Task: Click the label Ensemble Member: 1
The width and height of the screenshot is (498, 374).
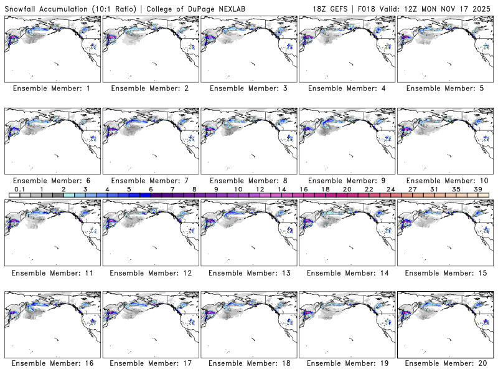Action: (x=52, y=89)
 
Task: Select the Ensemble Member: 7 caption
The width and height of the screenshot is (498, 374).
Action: (x=150, y=180)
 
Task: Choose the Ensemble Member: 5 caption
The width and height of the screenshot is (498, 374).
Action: (x=444, y=89)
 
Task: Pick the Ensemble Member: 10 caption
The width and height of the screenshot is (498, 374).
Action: (x=444, y=180)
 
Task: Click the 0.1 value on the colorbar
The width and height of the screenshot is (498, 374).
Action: (x=19, y=189)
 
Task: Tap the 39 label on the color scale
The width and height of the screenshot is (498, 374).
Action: (x=477, y=189)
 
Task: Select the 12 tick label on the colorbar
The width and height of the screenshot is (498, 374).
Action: (x=260, y=189)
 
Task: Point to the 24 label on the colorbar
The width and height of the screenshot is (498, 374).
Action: (x=390, y=189)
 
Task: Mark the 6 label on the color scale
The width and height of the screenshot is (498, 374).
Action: (x=151, y=189)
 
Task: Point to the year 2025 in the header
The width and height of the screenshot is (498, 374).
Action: (x=482, y=6)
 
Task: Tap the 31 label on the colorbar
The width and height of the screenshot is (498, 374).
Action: (x=434, y=189)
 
